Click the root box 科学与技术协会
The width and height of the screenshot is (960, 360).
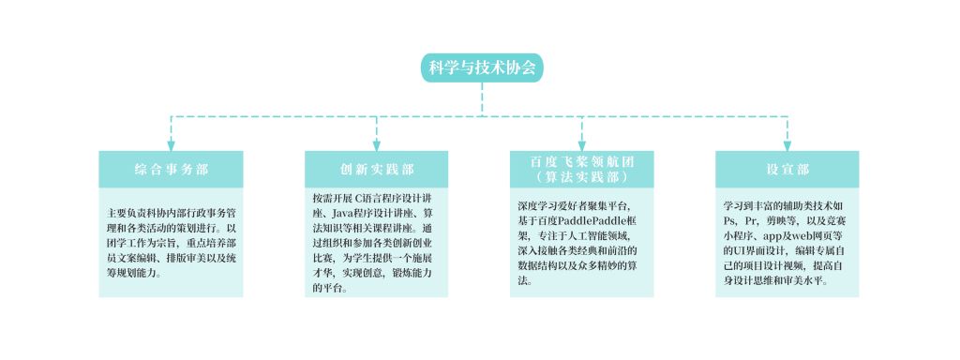pos(482,67)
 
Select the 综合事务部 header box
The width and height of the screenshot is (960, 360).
pos(171,169)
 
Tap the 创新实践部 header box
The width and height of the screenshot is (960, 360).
pos(377,169)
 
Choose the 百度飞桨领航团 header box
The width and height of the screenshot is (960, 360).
pos(581,169)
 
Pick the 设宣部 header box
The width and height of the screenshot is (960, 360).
pos(787,169)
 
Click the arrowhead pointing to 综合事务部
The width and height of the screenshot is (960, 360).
pos(171,145)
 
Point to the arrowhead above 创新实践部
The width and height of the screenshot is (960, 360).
pos(377,145)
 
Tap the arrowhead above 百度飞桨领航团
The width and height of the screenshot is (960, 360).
pos(581,145)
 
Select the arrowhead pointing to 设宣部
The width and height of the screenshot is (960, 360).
pos(787,145)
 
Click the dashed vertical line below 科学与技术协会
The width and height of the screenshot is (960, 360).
pos(482,99)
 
